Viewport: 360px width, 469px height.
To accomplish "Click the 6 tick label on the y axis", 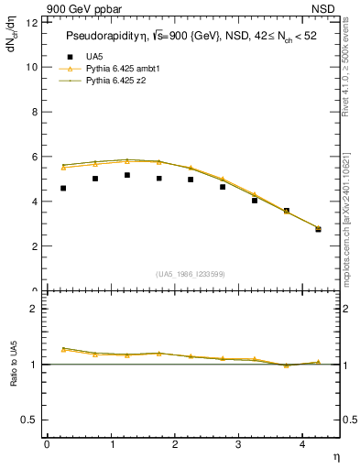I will tap(34, 157).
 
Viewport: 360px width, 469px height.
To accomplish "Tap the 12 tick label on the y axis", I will tap(31, 23).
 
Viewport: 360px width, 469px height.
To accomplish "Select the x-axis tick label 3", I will tap(239, 443).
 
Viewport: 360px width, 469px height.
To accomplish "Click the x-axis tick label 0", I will tap(47, 443).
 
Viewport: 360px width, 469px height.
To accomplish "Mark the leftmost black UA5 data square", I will tap(63, 188).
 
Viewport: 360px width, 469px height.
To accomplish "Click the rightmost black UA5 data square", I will tap(318, 229).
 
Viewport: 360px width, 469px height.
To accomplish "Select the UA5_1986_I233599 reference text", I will tap(191, 274).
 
